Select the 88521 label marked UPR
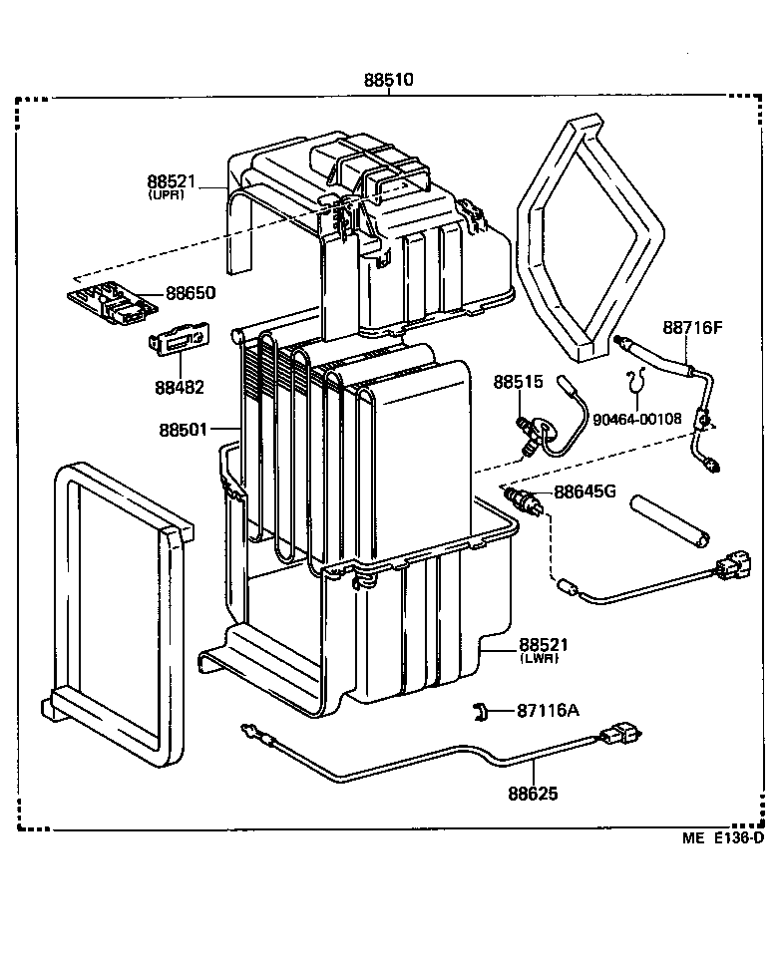pyautogui.click(x=173, y=181)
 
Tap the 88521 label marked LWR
pyautogui.click(x=543, y=646)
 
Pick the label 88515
pyautogui.click(x=517, y=382)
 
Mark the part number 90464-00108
pyautogui.click(x=636, y=419)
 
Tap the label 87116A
pyautogui.click(x=548, y=710)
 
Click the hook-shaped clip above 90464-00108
pyautogui.click(x=635, y=380)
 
